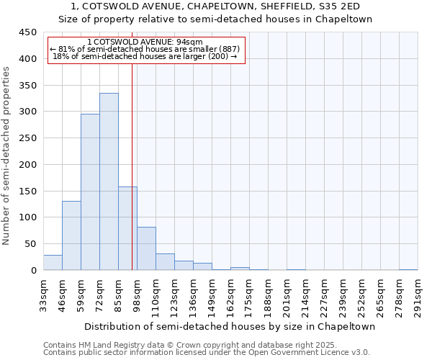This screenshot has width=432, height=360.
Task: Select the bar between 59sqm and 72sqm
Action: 90,192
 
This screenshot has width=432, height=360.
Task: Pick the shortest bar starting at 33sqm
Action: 53,263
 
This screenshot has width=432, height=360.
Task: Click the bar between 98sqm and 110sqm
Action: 146,248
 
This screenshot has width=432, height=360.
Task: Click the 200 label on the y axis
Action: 28,165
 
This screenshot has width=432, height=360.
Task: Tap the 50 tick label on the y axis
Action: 31,244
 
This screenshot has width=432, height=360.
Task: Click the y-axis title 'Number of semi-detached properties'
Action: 6,156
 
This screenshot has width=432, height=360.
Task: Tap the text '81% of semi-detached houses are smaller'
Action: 147,49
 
